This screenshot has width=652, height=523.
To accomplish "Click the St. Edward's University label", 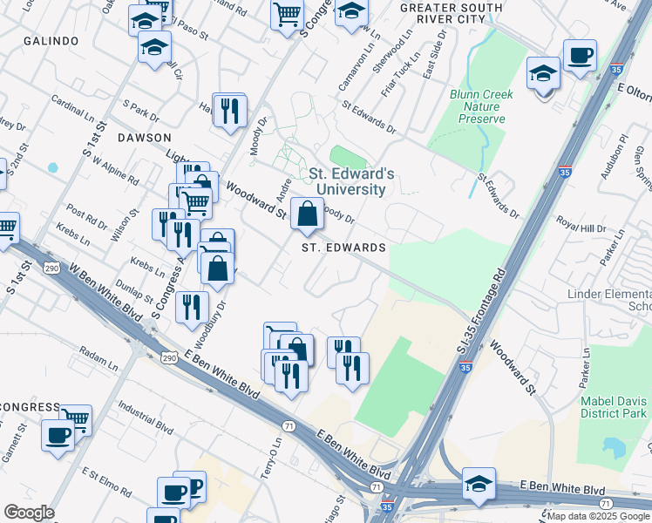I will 352,181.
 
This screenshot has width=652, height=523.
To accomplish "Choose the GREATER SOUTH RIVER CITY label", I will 451,13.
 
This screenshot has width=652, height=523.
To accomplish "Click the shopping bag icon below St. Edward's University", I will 308,214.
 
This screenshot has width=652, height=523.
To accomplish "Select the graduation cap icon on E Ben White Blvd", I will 479,484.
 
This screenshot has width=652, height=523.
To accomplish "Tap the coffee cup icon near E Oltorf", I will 580,57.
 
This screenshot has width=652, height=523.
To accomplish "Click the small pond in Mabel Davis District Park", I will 615,447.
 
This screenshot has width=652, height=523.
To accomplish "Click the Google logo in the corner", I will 29,513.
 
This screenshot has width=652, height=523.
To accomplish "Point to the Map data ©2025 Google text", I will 598,516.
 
